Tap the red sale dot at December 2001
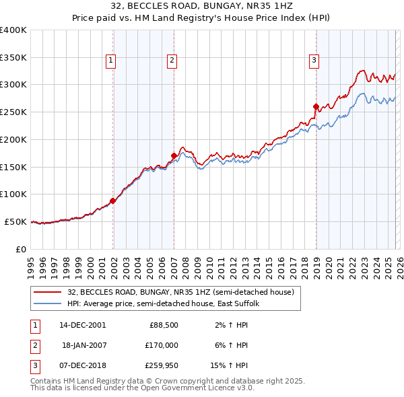click(x=113, y=201)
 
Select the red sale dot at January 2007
click(x=174, y=155)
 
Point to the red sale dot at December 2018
click(x=316, y=106)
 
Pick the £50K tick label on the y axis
click(x=15, y=221)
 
